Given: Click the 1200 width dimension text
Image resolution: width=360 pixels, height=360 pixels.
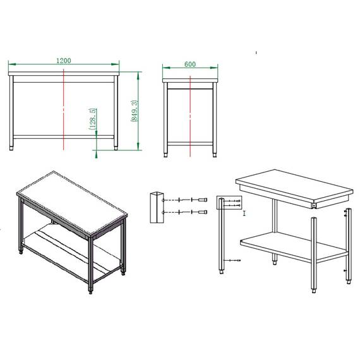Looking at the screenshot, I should coord(63,60).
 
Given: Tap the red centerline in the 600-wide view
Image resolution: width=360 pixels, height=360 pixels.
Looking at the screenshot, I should coord(189,114).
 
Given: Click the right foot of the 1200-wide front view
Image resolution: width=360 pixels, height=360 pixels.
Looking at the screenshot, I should coord(115,148).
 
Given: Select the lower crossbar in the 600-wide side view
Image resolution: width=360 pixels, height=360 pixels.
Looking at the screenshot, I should coord(189,140).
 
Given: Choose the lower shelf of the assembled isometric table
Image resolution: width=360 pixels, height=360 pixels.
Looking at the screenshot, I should coord(69,253).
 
